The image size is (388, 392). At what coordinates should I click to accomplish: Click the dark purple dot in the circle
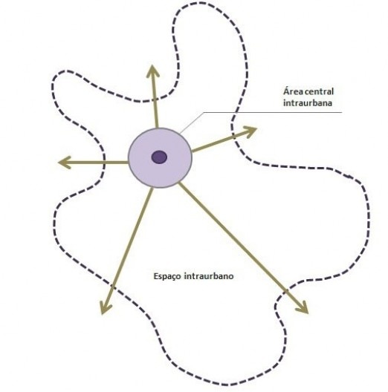click(x=159, y=157)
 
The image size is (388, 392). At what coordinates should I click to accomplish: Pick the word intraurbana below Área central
click(x=308, y=103)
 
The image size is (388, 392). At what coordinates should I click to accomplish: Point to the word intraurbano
click(x=209, y=276)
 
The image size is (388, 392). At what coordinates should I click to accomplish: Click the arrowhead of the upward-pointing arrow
click(x=152, y=71)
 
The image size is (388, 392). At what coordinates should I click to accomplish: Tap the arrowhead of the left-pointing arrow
click(x=65, y=163)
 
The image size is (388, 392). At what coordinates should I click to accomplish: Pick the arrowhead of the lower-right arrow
click(x=303, y=308)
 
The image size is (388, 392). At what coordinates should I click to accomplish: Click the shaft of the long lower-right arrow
click(x=243, y=248)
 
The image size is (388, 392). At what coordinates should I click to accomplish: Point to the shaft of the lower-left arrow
click(x=127, y=251)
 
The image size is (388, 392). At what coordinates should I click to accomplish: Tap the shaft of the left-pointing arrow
click(x=93, y=163)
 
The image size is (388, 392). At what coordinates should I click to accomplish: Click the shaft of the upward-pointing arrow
click(x=155, y=97)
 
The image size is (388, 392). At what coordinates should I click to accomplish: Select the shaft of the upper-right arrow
click(x=224, y=140)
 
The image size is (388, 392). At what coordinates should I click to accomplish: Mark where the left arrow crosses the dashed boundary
click(x=104, y=163)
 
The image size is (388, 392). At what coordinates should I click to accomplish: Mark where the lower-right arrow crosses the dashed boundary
click(x=286, y=291)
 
